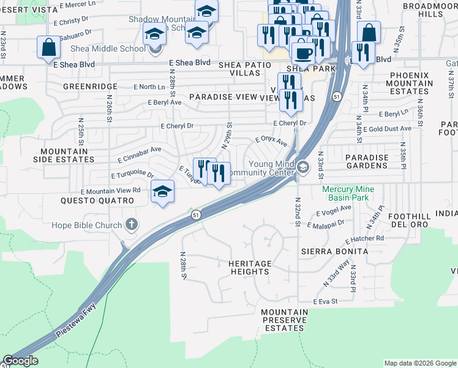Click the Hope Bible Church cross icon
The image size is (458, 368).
coord(131,225)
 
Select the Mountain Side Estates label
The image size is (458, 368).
coord(67,155)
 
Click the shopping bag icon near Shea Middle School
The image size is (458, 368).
coord(48,47)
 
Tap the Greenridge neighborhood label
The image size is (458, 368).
coord(90,87)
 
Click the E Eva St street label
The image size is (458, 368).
coord(325,302)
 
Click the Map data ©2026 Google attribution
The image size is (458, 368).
coord(419,363)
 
